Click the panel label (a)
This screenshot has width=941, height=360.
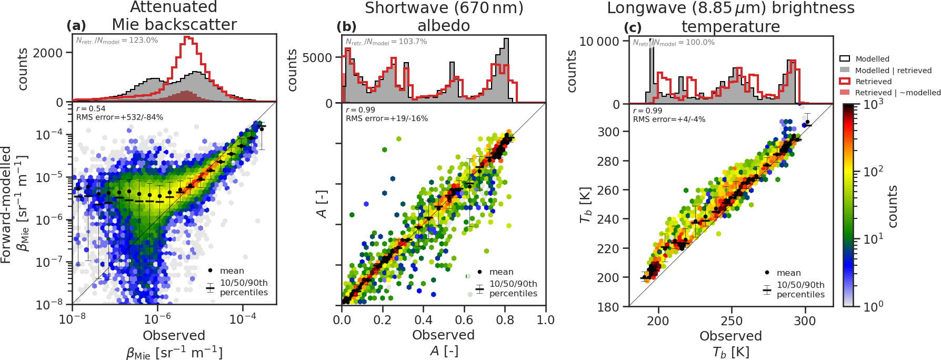[x=76, y=25]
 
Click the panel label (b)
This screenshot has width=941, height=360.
[x=346, y=26]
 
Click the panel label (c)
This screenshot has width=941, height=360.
[x=632, y=27]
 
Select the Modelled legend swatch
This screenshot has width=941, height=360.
[x=845, y=59]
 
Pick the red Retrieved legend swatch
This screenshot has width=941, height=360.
[x=845, y=82]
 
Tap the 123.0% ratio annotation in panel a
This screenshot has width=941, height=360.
[x=117, y=41]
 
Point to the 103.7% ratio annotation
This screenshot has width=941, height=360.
[x=386, y=42]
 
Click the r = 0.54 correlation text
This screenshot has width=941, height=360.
[x=91, y=109]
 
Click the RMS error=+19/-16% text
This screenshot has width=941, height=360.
[x=387, y=118]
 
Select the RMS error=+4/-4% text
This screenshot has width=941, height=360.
[x=669, y=119]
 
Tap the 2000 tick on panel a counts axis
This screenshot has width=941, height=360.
[x=48, y=53]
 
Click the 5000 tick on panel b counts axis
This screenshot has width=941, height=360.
[x=317, y=57]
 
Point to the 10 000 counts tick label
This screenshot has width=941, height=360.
[x=599, y=42]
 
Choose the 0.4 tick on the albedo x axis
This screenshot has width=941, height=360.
[x=423, y=320]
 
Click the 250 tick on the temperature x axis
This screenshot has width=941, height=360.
[x=731, y=321]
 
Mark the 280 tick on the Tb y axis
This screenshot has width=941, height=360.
[x=608, y=161]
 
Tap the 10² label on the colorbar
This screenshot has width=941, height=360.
[x=873, y=172]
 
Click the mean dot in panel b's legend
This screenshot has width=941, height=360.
[x=479, y=272]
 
